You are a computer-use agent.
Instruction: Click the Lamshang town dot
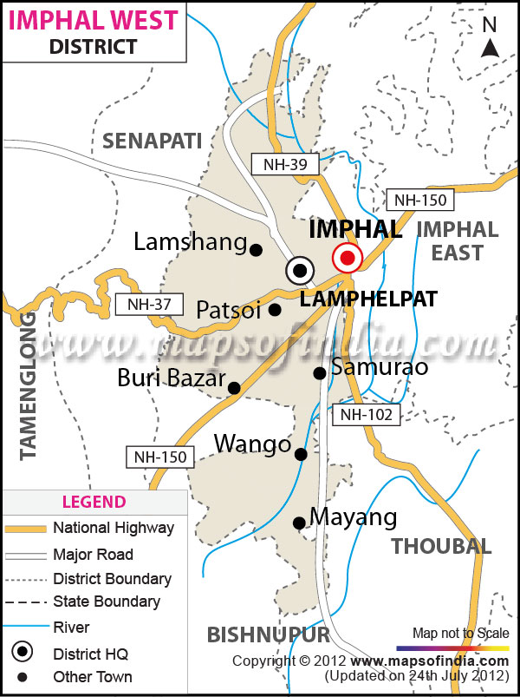point(256,250)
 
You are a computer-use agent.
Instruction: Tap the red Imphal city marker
point(348,257)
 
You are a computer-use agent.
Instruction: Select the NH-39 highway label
point(273,163)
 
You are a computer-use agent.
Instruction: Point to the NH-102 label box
point(367,415)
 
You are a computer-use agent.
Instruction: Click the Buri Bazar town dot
point(234,388)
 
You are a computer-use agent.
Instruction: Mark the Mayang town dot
point(299,523)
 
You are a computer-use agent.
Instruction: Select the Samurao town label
point(380,367)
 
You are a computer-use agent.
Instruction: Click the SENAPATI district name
point(152,141)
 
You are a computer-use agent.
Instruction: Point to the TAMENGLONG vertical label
point(27,386)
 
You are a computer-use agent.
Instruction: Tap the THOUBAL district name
point(441,546)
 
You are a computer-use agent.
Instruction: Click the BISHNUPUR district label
point(270,635)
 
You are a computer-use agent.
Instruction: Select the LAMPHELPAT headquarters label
point(368,299)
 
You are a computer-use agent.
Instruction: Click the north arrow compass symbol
point(491,39)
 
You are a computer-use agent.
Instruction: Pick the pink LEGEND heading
point(94,502)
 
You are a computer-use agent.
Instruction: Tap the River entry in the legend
point(71,627)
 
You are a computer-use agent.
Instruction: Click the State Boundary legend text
point(107,602)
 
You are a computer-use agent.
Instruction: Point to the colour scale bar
point(451,648)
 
